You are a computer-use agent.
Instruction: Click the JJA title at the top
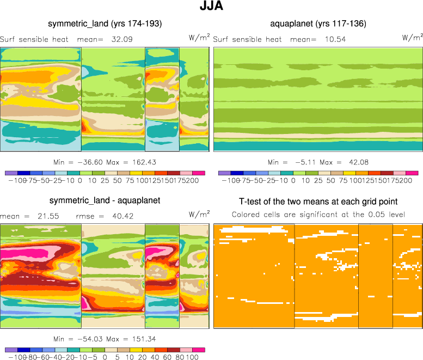point(211,8)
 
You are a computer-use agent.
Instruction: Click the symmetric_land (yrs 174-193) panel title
point(105,23)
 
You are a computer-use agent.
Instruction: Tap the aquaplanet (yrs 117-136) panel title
point(318,23)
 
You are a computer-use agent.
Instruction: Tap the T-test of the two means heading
point(318,202)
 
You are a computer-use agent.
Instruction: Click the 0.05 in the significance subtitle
point(376,214)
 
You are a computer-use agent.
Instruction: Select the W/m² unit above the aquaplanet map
point(412,38)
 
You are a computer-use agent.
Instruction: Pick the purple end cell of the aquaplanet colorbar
point(223,173)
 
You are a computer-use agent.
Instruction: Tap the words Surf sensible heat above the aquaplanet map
point(247,39)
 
